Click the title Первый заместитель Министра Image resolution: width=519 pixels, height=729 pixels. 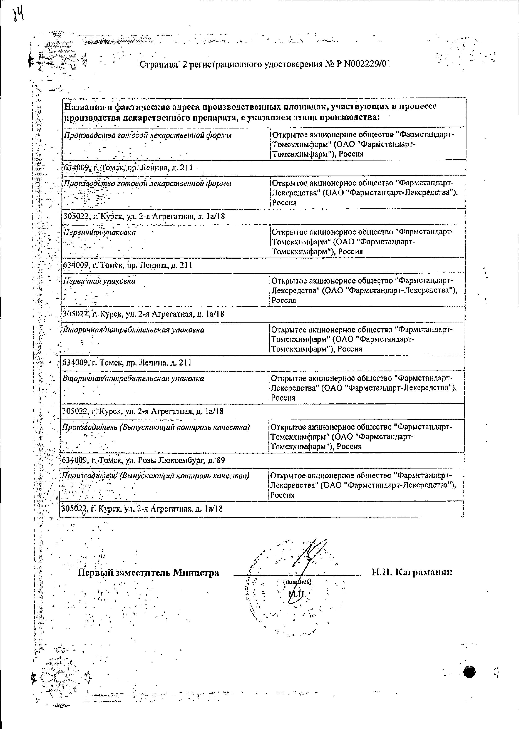(148, 572)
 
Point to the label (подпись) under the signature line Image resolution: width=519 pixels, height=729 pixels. (297, 582)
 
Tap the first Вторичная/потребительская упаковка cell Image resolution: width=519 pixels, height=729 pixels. (133, 330)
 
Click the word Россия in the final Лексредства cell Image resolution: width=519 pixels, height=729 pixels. (282, 495)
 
